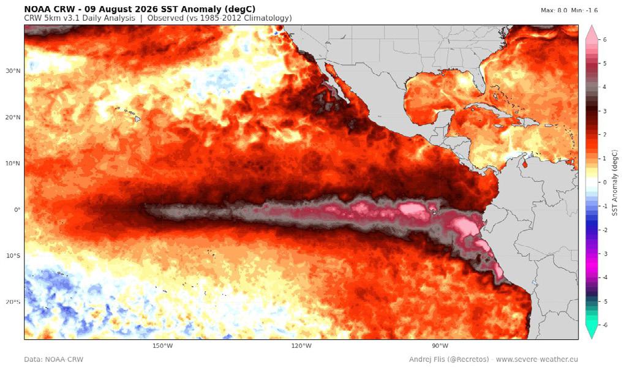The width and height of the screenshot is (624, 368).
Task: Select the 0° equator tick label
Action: click(x=17, y=209)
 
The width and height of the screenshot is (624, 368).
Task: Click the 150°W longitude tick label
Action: click(x=162, y=346)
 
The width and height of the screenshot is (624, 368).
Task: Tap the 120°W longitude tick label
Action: click(x=301, y=346)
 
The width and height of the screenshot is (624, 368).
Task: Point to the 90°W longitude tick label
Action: click(x=440, y=346)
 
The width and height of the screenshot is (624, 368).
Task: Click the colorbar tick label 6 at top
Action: click(x=605, y=40)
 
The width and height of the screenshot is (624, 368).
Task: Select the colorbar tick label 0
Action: click(x=605, y=182)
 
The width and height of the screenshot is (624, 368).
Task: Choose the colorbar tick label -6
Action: click(x=604, y=325)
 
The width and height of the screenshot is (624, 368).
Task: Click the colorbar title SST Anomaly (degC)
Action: click(x=615, y=182)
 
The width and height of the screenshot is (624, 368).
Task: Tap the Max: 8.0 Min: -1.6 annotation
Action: click(x=569, y=10)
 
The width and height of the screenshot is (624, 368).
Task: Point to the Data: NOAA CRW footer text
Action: click(x=54, y=359)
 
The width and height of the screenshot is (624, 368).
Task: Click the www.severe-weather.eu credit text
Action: click(x=537, y=359)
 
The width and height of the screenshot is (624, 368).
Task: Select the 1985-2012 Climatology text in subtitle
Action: click(x=251, y=18)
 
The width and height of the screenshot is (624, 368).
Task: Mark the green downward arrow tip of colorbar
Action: click(x=592, y=339)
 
